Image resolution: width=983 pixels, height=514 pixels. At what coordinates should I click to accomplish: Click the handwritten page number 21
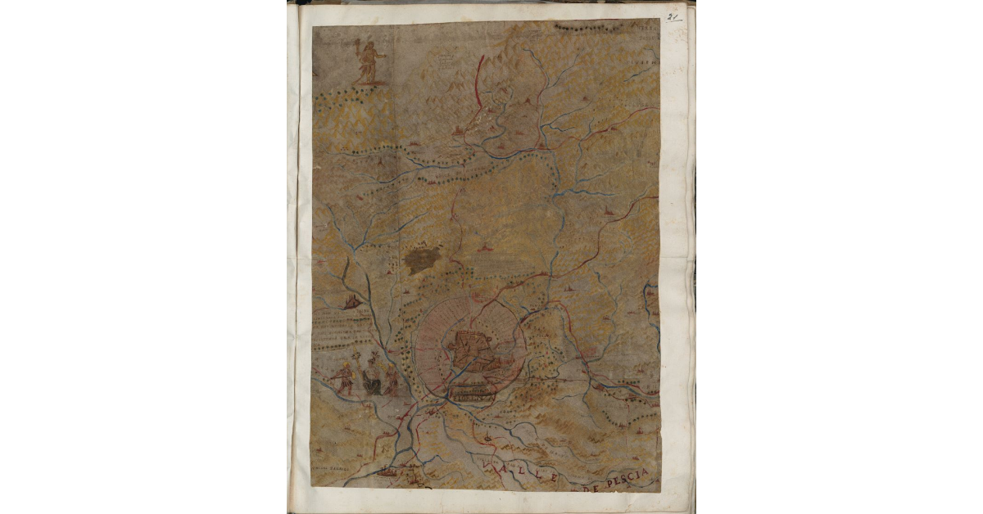pos(675,16)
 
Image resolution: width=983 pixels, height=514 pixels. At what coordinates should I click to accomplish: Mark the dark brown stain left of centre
pos(422,260)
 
